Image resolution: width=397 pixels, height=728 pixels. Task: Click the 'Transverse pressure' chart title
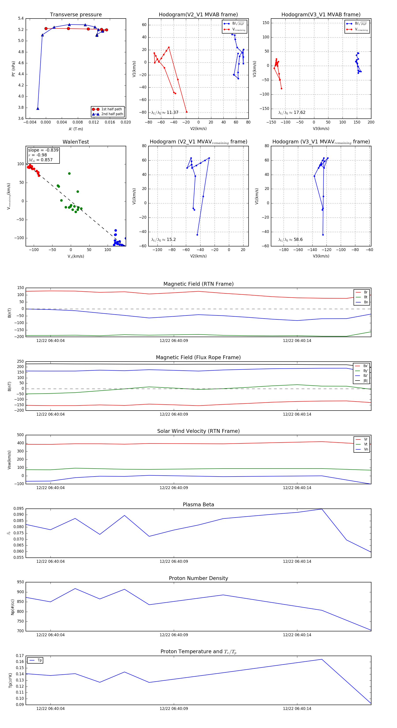(76, 15)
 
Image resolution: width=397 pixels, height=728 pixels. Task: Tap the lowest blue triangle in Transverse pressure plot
(38, 109)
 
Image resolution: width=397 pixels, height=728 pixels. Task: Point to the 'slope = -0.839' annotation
(43, 150)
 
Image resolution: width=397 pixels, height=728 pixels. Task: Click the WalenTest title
(76, 142)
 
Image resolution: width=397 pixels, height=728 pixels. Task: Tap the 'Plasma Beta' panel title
(198, 505)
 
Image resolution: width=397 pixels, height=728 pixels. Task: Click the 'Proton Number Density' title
(198, 578)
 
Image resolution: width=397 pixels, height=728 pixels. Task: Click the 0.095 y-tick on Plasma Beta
(19, 509)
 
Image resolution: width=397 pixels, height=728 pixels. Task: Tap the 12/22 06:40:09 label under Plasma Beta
(174, 561)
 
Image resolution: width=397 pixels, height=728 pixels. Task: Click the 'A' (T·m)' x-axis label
(76, 129)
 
